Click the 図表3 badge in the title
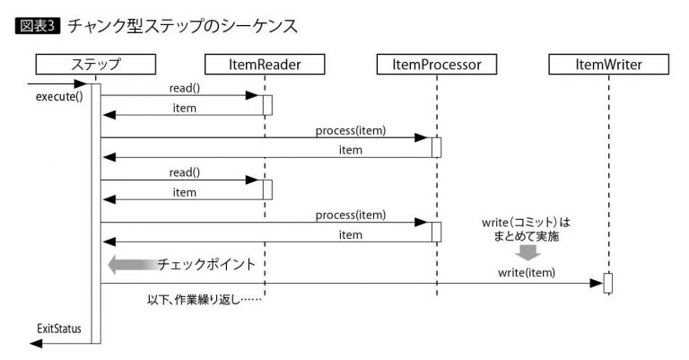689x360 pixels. (x=39, y=25)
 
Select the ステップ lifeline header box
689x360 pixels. (x=95, y=65)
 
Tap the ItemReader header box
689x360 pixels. (x=265, y=65)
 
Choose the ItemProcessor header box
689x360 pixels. (x=437, y=65)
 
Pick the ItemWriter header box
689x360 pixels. (x=607, y=65)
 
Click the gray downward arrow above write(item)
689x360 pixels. (x=529, y=252)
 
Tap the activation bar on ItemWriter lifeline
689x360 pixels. (x=607, y=283)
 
